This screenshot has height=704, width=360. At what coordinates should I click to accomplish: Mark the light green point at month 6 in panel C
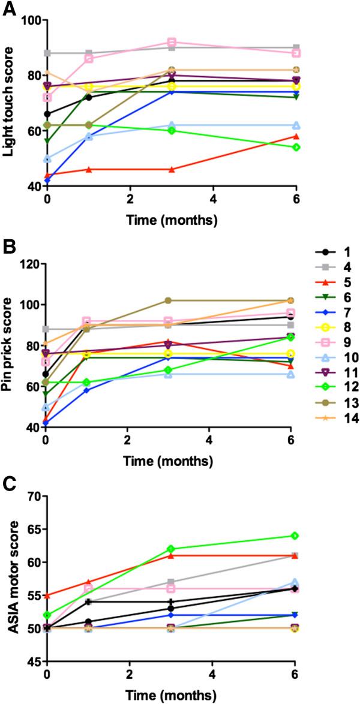coord(296,535)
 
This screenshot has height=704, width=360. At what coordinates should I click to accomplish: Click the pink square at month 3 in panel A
coord(172,42)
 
